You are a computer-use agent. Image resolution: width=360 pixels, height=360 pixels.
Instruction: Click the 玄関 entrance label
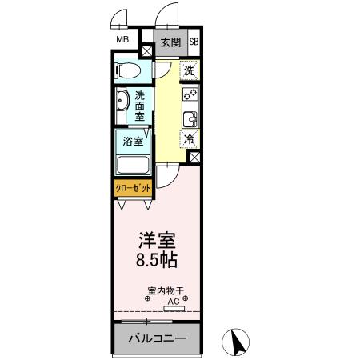(x=170, y=42)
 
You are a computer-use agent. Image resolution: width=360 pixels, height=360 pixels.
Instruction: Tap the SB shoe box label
(x=194, y=42)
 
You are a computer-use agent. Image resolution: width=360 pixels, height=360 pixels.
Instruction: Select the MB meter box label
(x=122, y=39)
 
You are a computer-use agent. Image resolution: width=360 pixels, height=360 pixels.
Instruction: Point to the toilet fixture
(x=128, y=70)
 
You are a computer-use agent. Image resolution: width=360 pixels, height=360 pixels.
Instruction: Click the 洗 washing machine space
(x=190, y=70)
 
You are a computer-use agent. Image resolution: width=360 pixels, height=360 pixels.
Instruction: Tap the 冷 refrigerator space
(x=190, y=138)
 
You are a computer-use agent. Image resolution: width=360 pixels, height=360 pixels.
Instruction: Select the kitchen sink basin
(x=190, y=119)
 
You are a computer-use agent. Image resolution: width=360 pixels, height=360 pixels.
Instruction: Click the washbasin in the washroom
(x=122, y=103)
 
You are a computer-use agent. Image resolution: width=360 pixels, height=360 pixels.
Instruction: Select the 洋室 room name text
(x=156, y=240)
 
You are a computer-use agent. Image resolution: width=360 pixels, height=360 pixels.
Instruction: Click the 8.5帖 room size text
(x=156, y=260)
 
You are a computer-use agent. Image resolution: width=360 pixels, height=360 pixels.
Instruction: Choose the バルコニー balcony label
(x=158, y=338)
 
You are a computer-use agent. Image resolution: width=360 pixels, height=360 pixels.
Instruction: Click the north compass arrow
(x=237, y=342)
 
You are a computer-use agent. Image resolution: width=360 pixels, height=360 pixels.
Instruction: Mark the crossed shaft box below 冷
(x=194, y=158)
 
